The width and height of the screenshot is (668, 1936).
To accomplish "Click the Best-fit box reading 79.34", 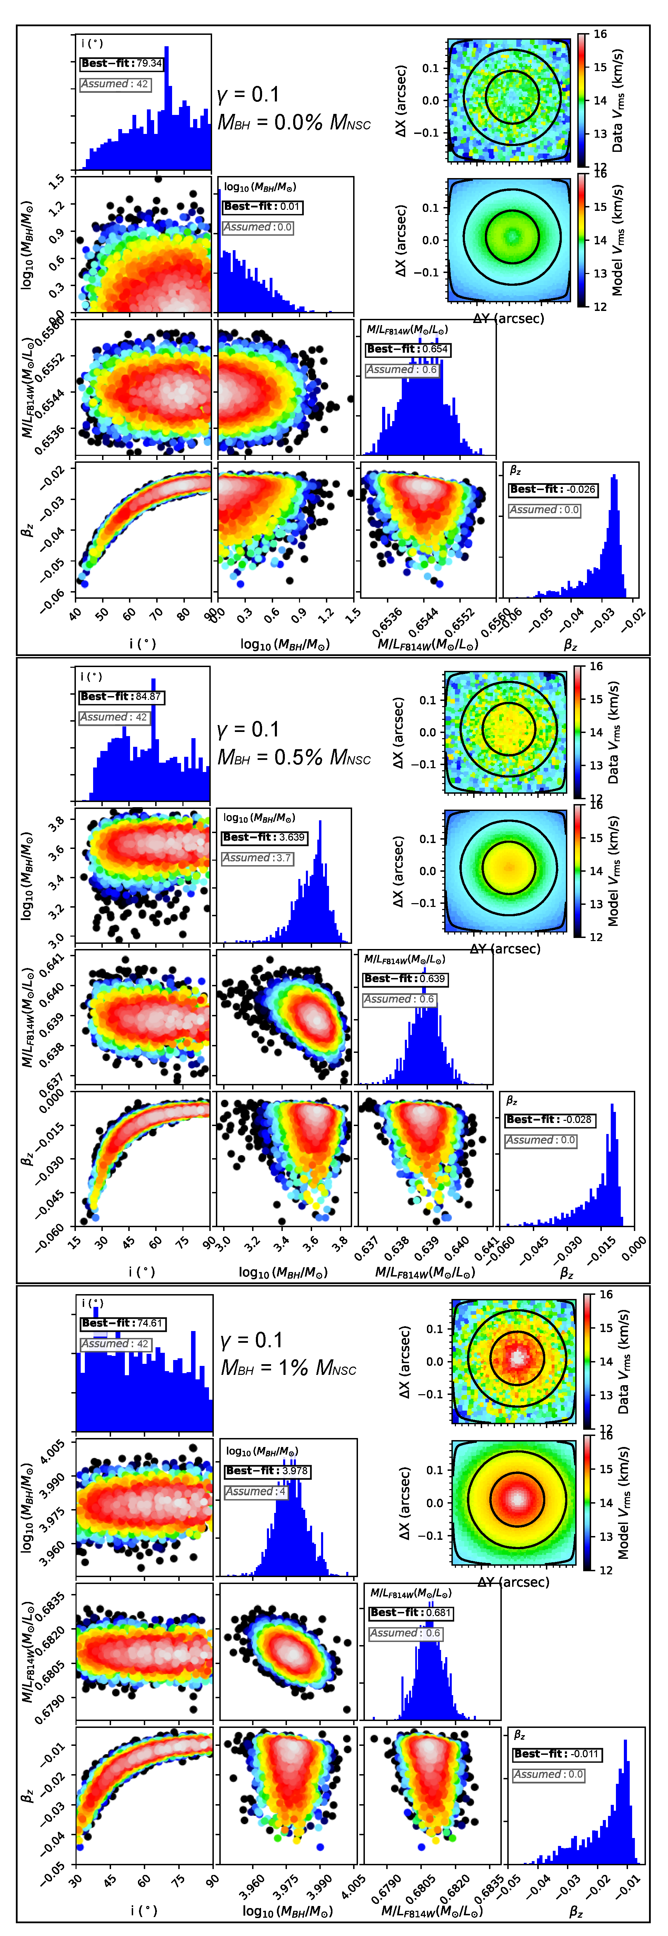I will [122, 63].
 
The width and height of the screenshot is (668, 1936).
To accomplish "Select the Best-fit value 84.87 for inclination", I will [121, 697].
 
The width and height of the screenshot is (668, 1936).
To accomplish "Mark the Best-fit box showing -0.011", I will [557, 1753].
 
